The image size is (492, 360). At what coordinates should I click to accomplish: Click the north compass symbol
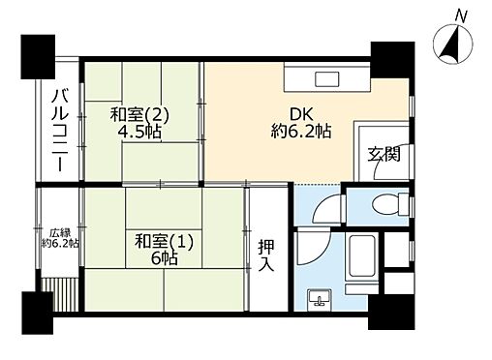[x=451, y=45]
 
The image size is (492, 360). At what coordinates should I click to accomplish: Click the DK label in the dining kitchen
[x=297, y=113]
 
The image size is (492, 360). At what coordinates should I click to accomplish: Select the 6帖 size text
[x=162, y=260]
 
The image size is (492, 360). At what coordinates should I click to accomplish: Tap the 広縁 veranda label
[x=59, y=232]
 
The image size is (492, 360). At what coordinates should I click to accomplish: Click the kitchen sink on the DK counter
[x=325, y=80]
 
